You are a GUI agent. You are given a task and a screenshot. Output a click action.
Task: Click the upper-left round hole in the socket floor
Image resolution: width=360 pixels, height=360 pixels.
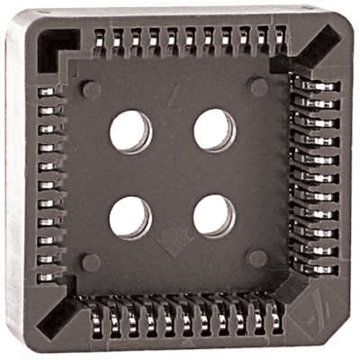tap(130, 131)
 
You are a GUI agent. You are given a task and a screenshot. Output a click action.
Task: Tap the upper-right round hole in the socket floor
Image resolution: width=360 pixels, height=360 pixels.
tap(214, 130)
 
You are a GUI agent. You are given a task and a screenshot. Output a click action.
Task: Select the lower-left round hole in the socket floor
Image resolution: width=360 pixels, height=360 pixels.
tap(130, 217)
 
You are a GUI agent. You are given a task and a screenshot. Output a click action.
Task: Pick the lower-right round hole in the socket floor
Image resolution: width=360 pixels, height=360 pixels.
tap(214, 215)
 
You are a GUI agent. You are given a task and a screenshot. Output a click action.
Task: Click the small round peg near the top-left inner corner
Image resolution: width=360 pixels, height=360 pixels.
tap(90, 89)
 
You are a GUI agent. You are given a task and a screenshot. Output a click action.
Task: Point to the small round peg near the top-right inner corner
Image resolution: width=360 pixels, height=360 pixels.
tap(258, 87)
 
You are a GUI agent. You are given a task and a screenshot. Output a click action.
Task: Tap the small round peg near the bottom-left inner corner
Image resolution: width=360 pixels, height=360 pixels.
tap(90, 262)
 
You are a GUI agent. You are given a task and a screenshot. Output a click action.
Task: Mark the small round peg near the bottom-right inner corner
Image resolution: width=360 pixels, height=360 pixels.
tap(258, 259)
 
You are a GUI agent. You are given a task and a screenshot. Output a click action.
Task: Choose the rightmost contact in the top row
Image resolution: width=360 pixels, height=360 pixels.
tap(281, 38)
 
